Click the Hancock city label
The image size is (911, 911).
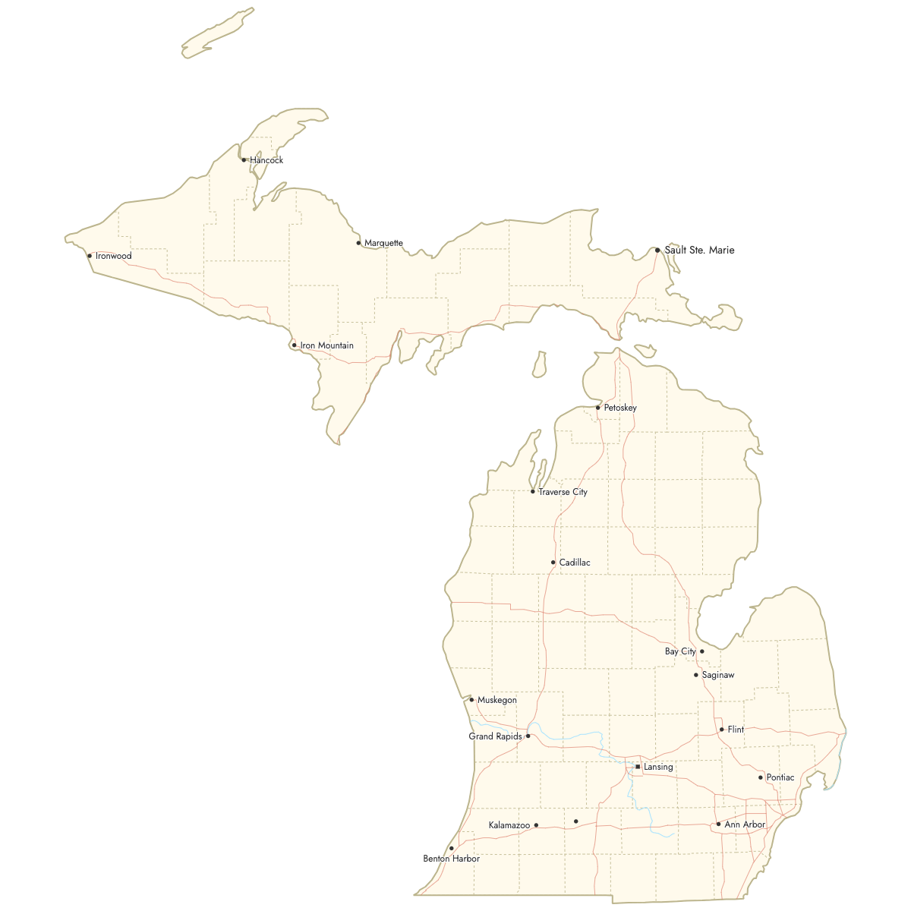[x=266, y=160]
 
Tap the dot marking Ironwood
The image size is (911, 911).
[x=90, y=256]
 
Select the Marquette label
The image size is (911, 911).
[x=383, y=243]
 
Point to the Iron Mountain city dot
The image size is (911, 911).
[x=295, y=345]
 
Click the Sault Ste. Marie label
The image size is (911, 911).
[x=699, y=250]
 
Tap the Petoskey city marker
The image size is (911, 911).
[x=598, y=408]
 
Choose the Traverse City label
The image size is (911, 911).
[x=563, y=492]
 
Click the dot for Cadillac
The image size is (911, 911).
[x=553, y=563]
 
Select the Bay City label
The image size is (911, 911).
[x=680, y=651]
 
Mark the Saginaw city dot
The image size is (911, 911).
[x=696, y=675]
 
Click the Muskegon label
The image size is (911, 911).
[x=496, y=700]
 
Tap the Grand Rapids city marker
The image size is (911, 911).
[x=528, y=736]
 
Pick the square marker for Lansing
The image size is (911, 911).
[x=638, y=767]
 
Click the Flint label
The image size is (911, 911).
[x=736, y=730]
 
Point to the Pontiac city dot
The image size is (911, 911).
[x=761, y=777]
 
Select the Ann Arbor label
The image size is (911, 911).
[x=745, y=824]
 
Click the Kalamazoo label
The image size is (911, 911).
[x=509, y=825]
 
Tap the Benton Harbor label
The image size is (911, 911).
[x=451, y=859]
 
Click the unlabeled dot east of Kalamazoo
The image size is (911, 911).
[x=576, y=821]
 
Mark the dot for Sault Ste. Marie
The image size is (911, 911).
[x=657, y=250]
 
